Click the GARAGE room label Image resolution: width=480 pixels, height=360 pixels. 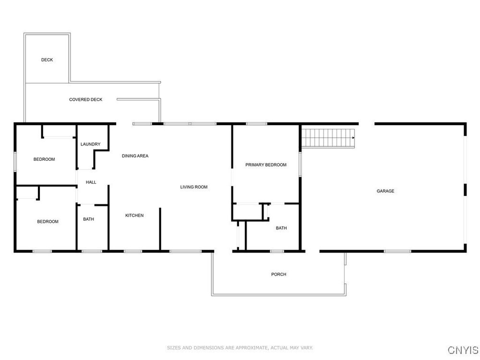(x=385, y=191)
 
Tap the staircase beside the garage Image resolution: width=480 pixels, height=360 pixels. (x=328, y=138)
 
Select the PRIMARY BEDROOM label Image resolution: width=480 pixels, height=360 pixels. (x=266, y=165)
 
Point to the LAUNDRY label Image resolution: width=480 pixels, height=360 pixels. (x=90, y=144)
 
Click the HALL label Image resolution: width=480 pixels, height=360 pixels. (x=91, y=182)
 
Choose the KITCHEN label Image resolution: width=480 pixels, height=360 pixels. (x=134, y=216)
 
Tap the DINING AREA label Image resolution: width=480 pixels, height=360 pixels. (x=135, y=156)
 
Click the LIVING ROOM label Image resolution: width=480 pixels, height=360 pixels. (x=194, y=187)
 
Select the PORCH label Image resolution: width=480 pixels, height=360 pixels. (x=278, y=274)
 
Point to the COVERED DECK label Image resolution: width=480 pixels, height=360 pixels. (x=86, y=99)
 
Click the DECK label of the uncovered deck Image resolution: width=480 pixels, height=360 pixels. (x=47, y=60)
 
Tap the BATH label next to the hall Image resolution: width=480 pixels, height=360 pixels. (x=88, y=219)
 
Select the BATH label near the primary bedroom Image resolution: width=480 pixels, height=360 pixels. (x=281, y=228)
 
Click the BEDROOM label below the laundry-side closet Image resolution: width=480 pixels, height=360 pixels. (x=44, y=159)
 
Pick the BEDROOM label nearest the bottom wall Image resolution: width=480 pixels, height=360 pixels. (x=48, y=222)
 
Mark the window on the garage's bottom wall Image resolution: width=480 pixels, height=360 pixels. (x=397, y=252)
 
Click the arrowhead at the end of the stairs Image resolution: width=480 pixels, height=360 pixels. (x=354, y=138)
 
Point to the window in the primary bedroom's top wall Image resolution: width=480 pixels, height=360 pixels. (x=256, y=124)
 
